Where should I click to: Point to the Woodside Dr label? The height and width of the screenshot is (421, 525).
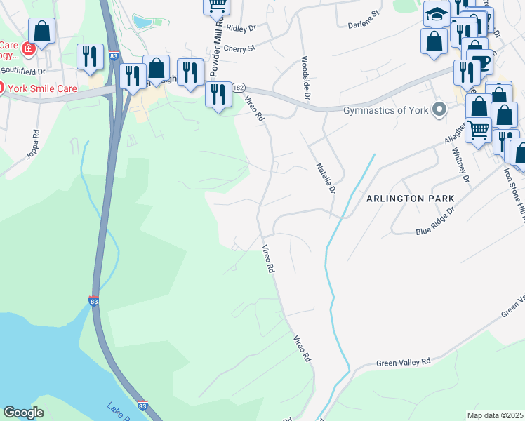pos(306,78)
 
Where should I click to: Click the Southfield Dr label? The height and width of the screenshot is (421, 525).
pos(22,70)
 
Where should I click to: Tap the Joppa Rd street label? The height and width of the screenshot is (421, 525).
pos(32,145)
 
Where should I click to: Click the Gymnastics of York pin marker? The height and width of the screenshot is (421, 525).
pos(439,109)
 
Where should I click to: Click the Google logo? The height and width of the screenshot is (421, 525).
pos(23,413)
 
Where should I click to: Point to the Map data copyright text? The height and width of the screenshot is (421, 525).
pos(495,415)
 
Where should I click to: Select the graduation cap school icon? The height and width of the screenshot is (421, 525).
pos(437,14)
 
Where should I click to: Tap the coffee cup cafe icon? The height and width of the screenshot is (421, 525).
pos(481,62)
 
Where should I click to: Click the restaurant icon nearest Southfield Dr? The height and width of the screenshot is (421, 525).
pos(90,57)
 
